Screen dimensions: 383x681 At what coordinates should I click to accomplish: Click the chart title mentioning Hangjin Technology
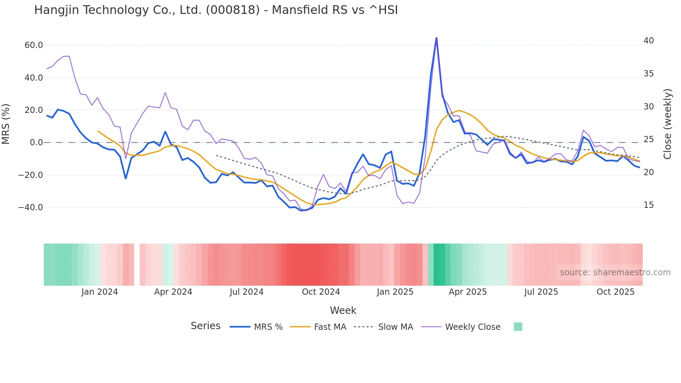[x=216, y=10]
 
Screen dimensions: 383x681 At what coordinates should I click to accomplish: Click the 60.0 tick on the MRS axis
[x=34, y=45]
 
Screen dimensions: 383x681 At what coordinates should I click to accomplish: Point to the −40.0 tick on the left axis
[x=31, y=207]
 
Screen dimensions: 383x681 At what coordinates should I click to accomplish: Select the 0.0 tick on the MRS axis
[x=36, y=142]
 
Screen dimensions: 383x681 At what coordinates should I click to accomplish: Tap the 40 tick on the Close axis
[x=648, y=41]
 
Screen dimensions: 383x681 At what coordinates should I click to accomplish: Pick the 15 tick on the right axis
[x=648, y=205]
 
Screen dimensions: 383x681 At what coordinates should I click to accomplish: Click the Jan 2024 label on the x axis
[x=100, y=292]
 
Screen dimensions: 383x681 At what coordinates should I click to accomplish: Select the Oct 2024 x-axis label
[x=321, y=292]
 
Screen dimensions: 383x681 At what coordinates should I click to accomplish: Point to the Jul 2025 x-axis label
[x=541, y=292]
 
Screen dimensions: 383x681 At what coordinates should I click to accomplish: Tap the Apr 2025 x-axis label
[x=468, y=292]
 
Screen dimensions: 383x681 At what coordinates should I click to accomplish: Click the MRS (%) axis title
[x=6, y=124]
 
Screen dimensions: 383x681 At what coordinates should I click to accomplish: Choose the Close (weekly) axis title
[x=667, y=124]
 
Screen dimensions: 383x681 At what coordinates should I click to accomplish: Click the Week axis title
[x=343, y=310]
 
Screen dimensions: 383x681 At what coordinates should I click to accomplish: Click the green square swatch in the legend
[x=518, y=327]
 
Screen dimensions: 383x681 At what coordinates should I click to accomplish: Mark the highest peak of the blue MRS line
[x=436, y=38]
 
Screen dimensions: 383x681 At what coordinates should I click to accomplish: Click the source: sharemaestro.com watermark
[x=615, y=272]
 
